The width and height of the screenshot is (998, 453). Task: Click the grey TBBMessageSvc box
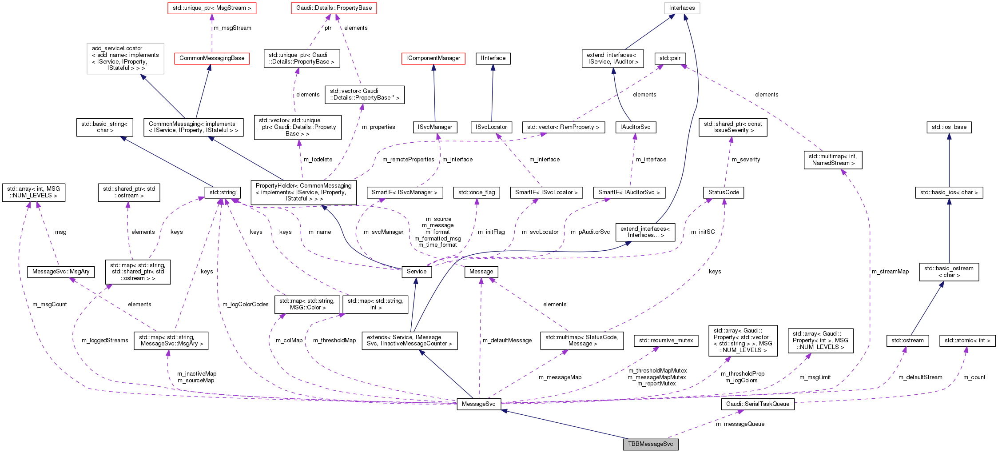click(x=650, y=444)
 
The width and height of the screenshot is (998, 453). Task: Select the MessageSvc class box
click(x=478, y=404)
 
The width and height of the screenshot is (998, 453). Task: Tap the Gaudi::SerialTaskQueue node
click(x=757, y=404)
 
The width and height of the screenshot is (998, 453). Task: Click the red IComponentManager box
click(x=433, y=58)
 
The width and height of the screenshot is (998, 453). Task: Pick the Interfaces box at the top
click(x=682, y=8)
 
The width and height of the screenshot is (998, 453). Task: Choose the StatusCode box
click(x=724, y=192)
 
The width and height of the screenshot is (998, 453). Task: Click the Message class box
click(x=481, y=272)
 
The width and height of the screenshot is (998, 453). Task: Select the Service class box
click(x=416, y=272)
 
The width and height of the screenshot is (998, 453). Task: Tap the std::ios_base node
click(x=949, y=127)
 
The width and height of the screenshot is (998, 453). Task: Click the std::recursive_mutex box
click(x=666, y=341)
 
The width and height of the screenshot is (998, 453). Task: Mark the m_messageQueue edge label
click(x=740, y=424)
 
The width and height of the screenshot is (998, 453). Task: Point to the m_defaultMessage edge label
click(x=507, y=341)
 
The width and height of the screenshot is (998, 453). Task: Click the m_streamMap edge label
click(x=890, y=272)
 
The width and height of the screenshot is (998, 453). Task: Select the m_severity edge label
click(x=746, y=160)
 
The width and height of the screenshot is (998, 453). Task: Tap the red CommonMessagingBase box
click(x=212, y=58)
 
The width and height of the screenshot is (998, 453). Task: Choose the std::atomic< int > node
click(x=967, y=341)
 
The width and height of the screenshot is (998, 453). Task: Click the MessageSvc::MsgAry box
click(x=61, y=272)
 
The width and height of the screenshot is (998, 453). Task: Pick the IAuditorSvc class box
click(x=635, y=127)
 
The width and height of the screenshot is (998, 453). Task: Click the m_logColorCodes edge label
click(x=245, y=305)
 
